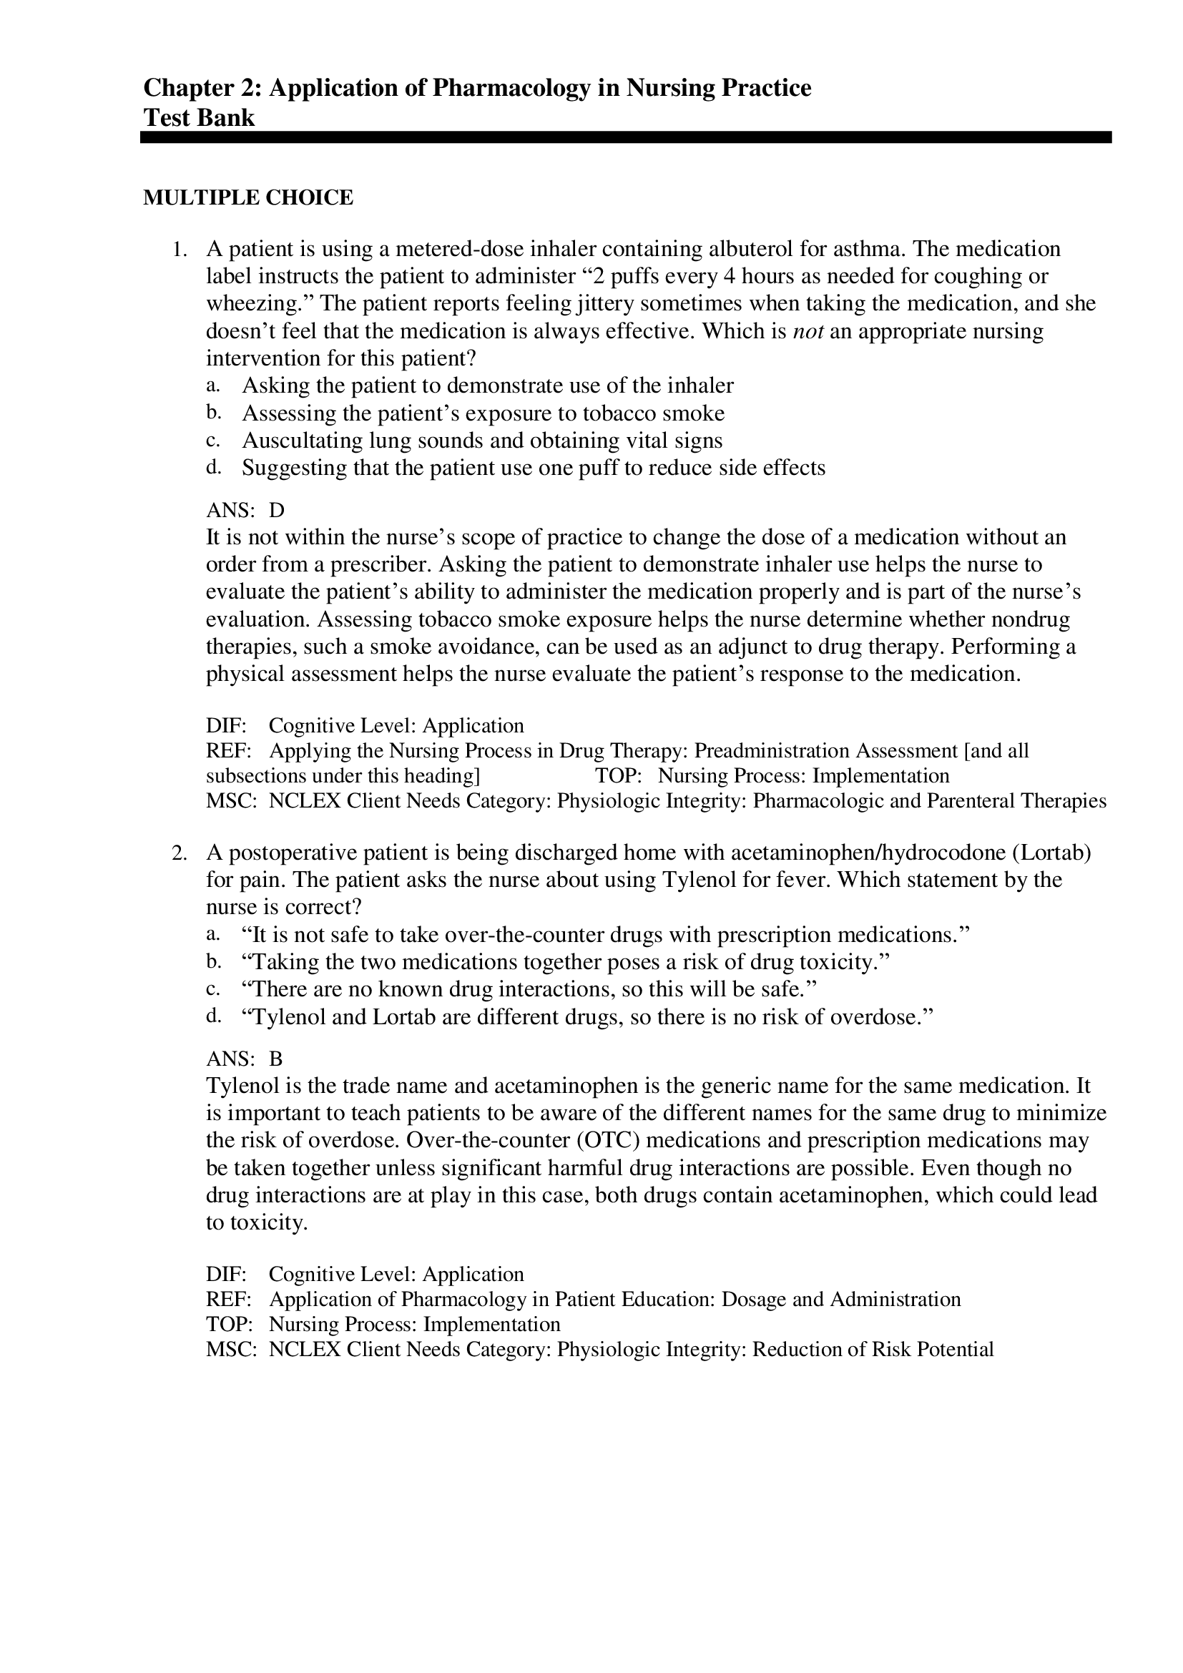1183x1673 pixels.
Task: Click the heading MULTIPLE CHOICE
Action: pos(247,197)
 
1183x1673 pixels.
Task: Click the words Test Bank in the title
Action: pos(199,118)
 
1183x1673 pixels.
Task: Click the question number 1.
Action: pos(180,250)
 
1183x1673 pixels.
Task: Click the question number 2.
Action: pos(180,853)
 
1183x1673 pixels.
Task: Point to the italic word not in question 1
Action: pos(807,332)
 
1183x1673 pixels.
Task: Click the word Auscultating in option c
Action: pos(302,441)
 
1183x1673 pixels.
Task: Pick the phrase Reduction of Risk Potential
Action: pos(873,1350)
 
